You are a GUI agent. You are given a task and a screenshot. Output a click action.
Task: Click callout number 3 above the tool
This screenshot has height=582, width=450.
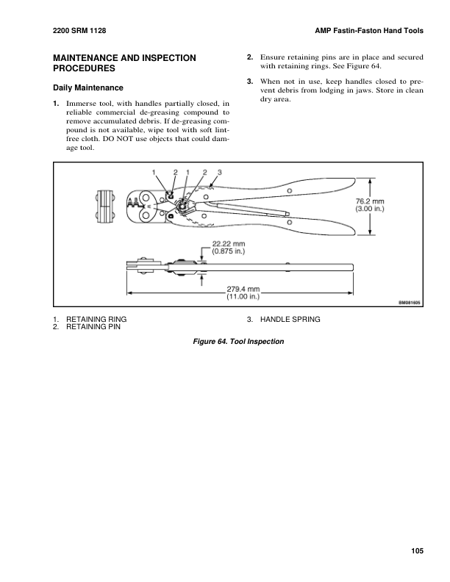(x=219, y=172)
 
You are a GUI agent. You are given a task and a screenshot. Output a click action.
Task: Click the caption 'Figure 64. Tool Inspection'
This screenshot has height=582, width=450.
(x=238, y=342)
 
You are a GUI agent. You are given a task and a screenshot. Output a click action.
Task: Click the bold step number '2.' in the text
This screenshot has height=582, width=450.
(x=250, y=57)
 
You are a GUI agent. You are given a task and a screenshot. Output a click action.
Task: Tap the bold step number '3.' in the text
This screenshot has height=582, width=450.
(x=250, y=79)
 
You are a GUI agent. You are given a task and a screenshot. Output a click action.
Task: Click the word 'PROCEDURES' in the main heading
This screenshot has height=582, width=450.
(x=85, y=68)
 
